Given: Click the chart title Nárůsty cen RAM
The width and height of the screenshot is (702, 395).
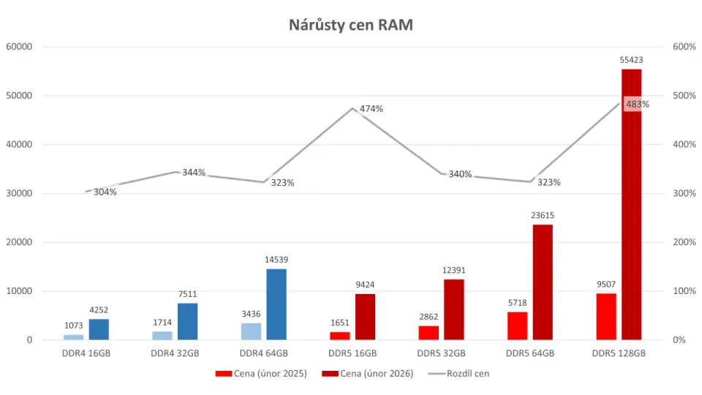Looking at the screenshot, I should (351, 26).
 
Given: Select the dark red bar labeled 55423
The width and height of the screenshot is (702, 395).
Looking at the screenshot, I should (631, 205).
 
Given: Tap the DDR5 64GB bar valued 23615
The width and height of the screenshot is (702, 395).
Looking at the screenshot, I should (542, 282).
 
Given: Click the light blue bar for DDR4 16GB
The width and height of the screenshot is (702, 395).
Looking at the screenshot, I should (74, 337).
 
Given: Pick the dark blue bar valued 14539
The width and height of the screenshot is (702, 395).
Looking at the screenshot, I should (276, 304).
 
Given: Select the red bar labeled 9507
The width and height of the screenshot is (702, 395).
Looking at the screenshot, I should (606, 317).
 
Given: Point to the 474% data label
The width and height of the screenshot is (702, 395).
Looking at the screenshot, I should (371, 109).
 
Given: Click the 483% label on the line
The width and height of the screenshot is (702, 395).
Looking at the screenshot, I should (637, 104).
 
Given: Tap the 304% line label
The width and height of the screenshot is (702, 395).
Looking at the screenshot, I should (105, 192).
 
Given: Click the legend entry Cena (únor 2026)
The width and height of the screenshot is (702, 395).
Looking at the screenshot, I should (377, 373).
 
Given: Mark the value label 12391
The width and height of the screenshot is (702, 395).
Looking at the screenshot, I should (453, 270).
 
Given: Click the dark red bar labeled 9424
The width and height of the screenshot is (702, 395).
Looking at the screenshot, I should (365, 317).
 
